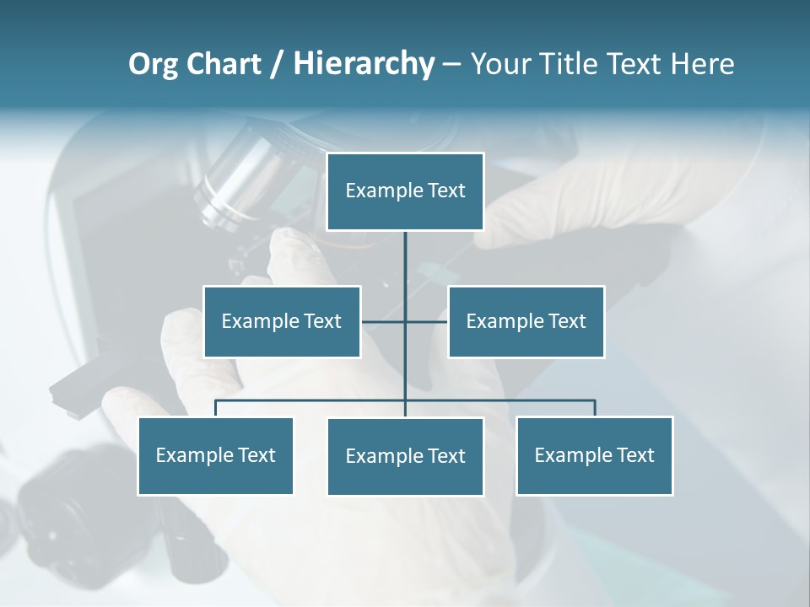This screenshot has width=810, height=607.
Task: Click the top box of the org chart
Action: point(405,191)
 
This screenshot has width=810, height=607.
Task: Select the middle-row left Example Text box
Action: point(282,321)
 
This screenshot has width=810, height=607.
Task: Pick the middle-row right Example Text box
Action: point(526,321)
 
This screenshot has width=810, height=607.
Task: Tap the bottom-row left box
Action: point(216,456)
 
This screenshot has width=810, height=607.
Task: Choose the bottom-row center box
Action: point(405,457)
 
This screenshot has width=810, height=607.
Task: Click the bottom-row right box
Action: point(595,456)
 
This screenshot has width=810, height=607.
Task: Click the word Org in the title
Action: point(153,64)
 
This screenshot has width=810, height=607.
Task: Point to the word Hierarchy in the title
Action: point(364,64)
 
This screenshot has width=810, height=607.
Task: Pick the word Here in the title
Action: point(702,64)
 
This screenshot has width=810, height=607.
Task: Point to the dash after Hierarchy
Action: point(451,65)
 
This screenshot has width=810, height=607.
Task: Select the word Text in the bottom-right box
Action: point(635,455)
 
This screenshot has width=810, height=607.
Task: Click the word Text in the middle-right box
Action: point(567,321)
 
